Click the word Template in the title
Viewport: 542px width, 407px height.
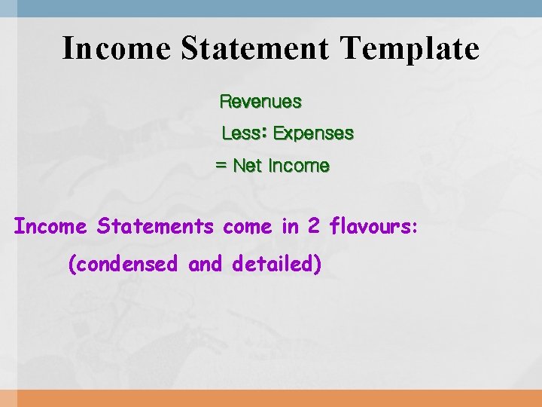tap(410, 49)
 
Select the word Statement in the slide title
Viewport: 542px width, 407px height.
tap(254, 49)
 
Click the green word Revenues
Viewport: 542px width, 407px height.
tap(260, 101)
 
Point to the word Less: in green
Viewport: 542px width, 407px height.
tap(244, 133)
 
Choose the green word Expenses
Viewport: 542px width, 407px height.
tap(313, 133)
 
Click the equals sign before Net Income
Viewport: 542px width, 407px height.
tap(221, 166)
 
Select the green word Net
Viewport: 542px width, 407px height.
tap(248, 166)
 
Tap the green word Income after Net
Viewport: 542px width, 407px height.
tap(299, 166)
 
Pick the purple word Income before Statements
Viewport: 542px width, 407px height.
tap(51, 226)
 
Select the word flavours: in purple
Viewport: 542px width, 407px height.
tap(374, 226)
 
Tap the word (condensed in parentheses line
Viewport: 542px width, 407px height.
tap(123, 265)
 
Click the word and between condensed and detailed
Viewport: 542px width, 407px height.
tap(206, 265)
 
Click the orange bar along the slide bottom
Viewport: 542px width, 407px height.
tap(271, 398)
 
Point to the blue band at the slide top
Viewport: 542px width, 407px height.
tap(271, 8)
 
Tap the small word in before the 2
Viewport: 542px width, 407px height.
tap(290, 226)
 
